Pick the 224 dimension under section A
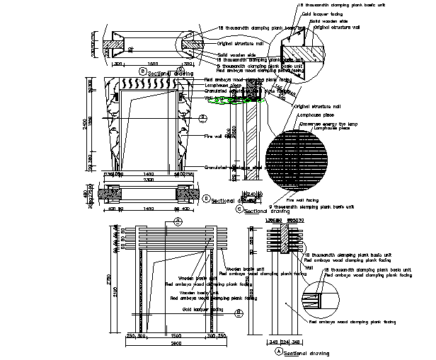coord(282,342)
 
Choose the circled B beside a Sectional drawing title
coord(142,71)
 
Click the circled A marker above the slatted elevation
coord(178,221)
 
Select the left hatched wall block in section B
coord(112,46)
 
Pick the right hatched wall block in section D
coord(189,192)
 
